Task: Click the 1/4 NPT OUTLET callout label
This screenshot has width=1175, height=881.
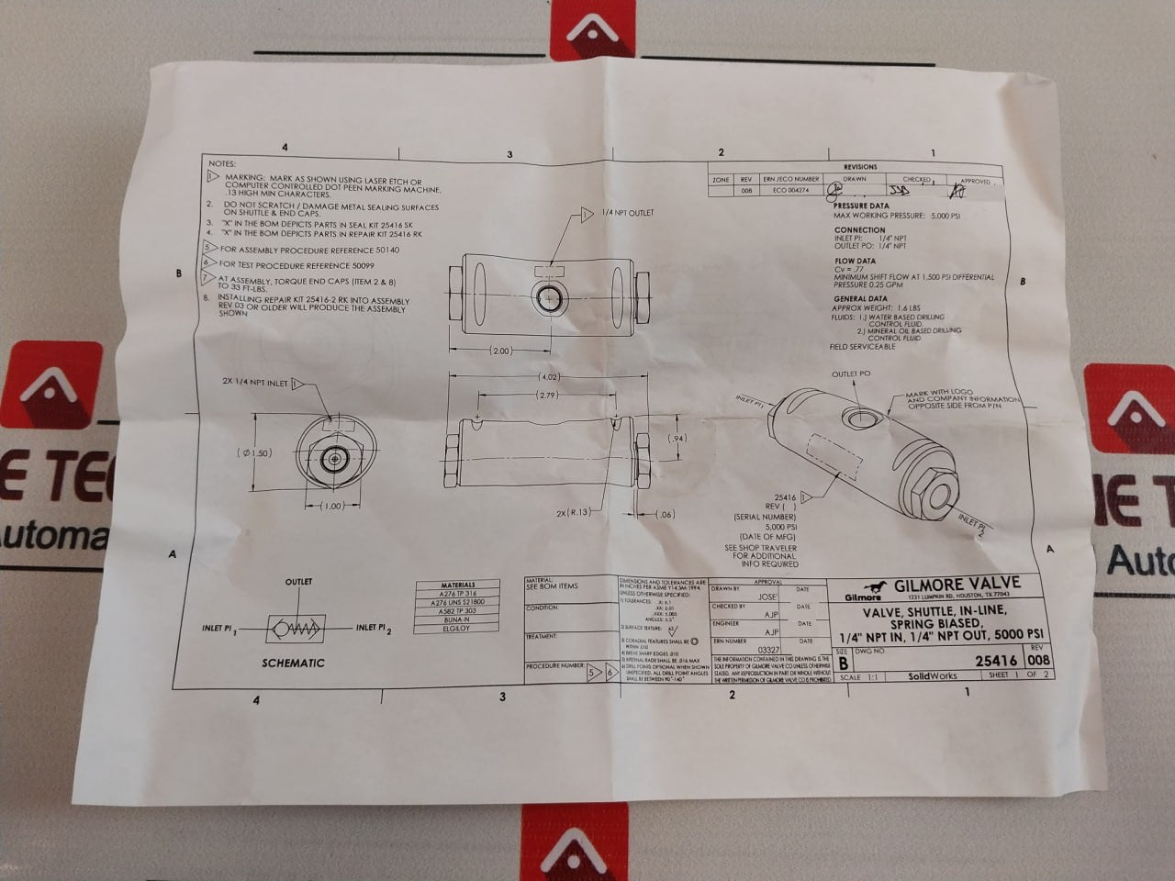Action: tap(627, 213)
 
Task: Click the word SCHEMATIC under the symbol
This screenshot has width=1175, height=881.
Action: tap(293, 663)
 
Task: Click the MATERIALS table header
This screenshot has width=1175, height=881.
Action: tap(458, 585)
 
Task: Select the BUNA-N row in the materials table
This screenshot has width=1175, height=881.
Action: tap(458, 619)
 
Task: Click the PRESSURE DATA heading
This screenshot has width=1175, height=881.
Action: tap(861, 206)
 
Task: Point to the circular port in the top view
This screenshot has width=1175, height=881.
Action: tap(550, 296)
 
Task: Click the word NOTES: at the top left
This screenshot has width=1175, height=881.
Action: tap(223, 161)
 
